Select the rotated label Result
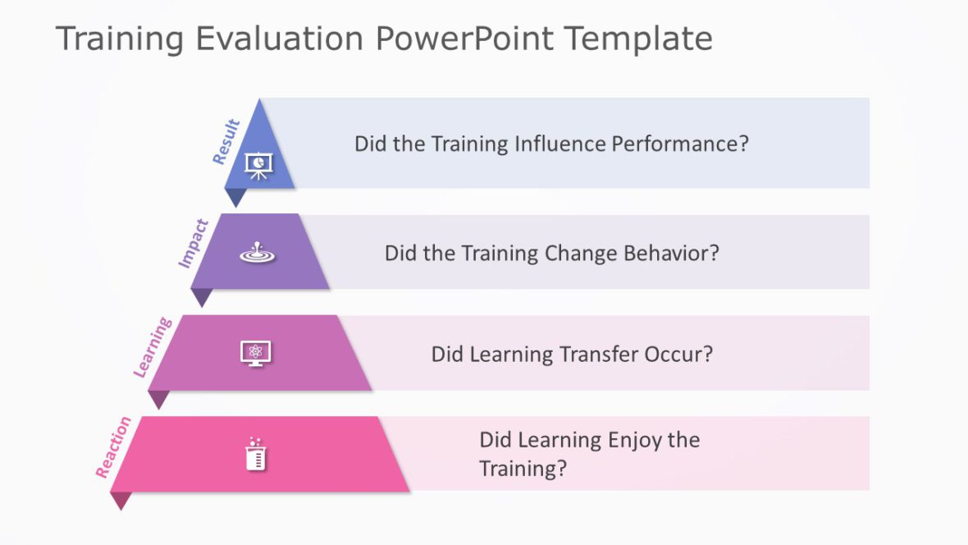pyautogui.click(x=226, y=142)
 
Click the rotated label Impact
pyautogui.click(x=194, y=243)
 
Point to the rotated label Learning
pyautogui.click(x=153, y=347)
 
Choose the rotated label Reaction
pyautogui.click(x=113, y=447)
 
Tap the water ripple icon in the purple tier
pyautogui.click(x=258, y=253)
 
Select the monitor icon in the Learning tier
pyautogui.click(x=255, y=354)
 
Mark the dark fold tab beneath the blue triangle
pyautogui.click(x=235, y=197)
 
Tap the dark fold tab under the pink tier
pyautogui.click(x=121, y=500)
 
